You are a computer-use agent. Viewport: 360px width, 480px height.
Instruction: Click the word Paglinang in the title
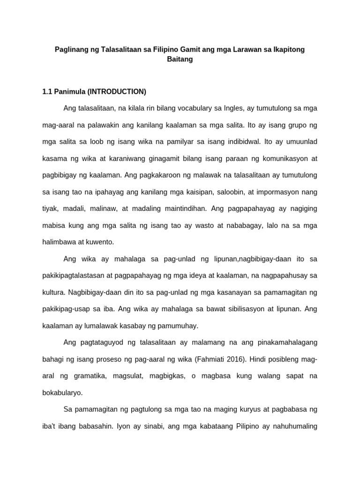click(70, 49)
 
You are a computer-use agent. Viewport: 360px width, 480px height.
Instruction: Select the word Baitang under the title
click(180, 60)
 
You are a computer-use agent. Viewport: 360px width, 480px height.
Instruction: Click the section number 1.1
click(47, 91)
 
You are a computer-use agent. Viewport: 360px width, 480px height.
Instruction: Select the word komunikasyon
click(281, 158)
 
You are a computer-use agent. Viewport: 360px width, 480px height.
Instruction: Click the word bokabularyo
click(62, 392)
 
